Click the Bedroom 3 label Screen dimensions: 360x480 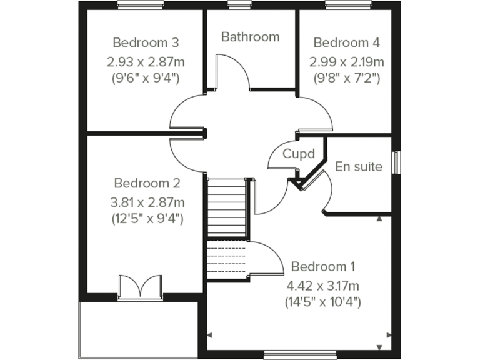[146, 42]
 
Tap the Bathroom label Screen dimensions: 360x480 [250, 37]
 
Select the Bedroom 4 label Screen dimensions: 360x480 [346, 42]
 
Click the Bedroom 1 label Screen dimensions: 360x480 [323, 267]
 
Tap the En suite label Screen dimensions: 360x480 [359, 166]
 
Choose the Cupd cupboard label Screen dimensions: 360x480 [297, 154]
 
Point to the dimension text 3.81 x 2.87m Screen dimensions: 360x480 [147, 202]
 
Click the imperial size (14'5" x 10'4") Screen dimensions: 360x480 [323, 302]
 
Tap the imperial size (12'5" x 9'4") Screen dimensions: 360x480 [147, 219]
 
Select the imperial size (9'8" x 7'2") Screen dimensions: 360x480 [346, 78]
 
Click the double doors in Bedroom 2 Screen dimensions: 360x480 [140, 288]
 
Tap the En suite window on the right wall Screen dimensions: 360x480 [395, 161]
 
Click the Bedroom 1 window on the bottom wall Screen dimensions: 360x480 [289, 355]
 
